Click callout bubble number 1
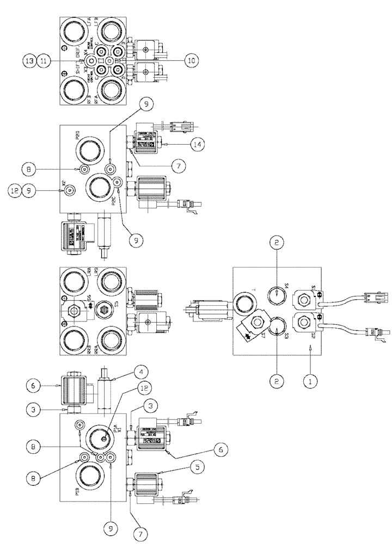tap(310, 383)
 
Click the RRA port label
tap(96, 337)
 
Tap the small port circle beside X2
tap(69, 190)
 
